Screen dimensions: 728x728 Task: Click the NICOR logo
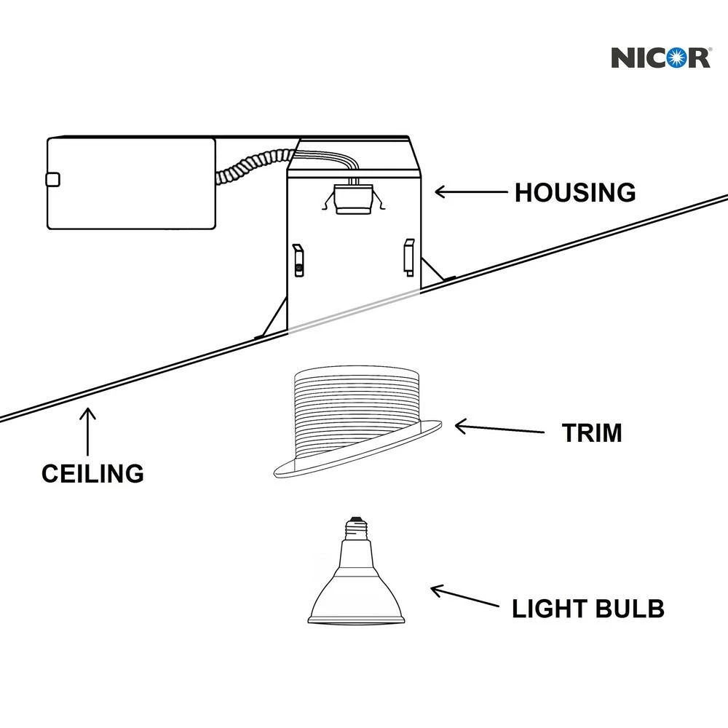[x=660, y=56]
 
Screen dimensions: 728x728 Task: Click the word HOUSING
[x=575, y=193]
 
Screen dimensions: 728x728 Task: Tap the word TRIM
[x=591, y=433]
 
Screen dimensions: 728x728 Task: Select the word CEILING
[x=92, y=473]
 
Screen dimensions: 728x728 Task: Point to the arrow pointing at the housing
[x=470, y=192]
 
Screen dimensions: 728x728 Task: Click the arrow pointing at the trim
[x=499, y=429]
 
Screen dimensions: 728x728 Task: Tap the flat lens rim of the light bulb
[x=356, y=621]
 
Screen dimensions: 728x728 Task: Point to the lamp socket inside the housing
[x=352, y=198]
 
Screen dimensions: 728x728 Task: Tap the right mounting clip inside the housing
[x=408, y=257]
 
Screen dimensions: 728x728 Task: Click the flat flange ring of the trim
[x=357, y=459]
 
